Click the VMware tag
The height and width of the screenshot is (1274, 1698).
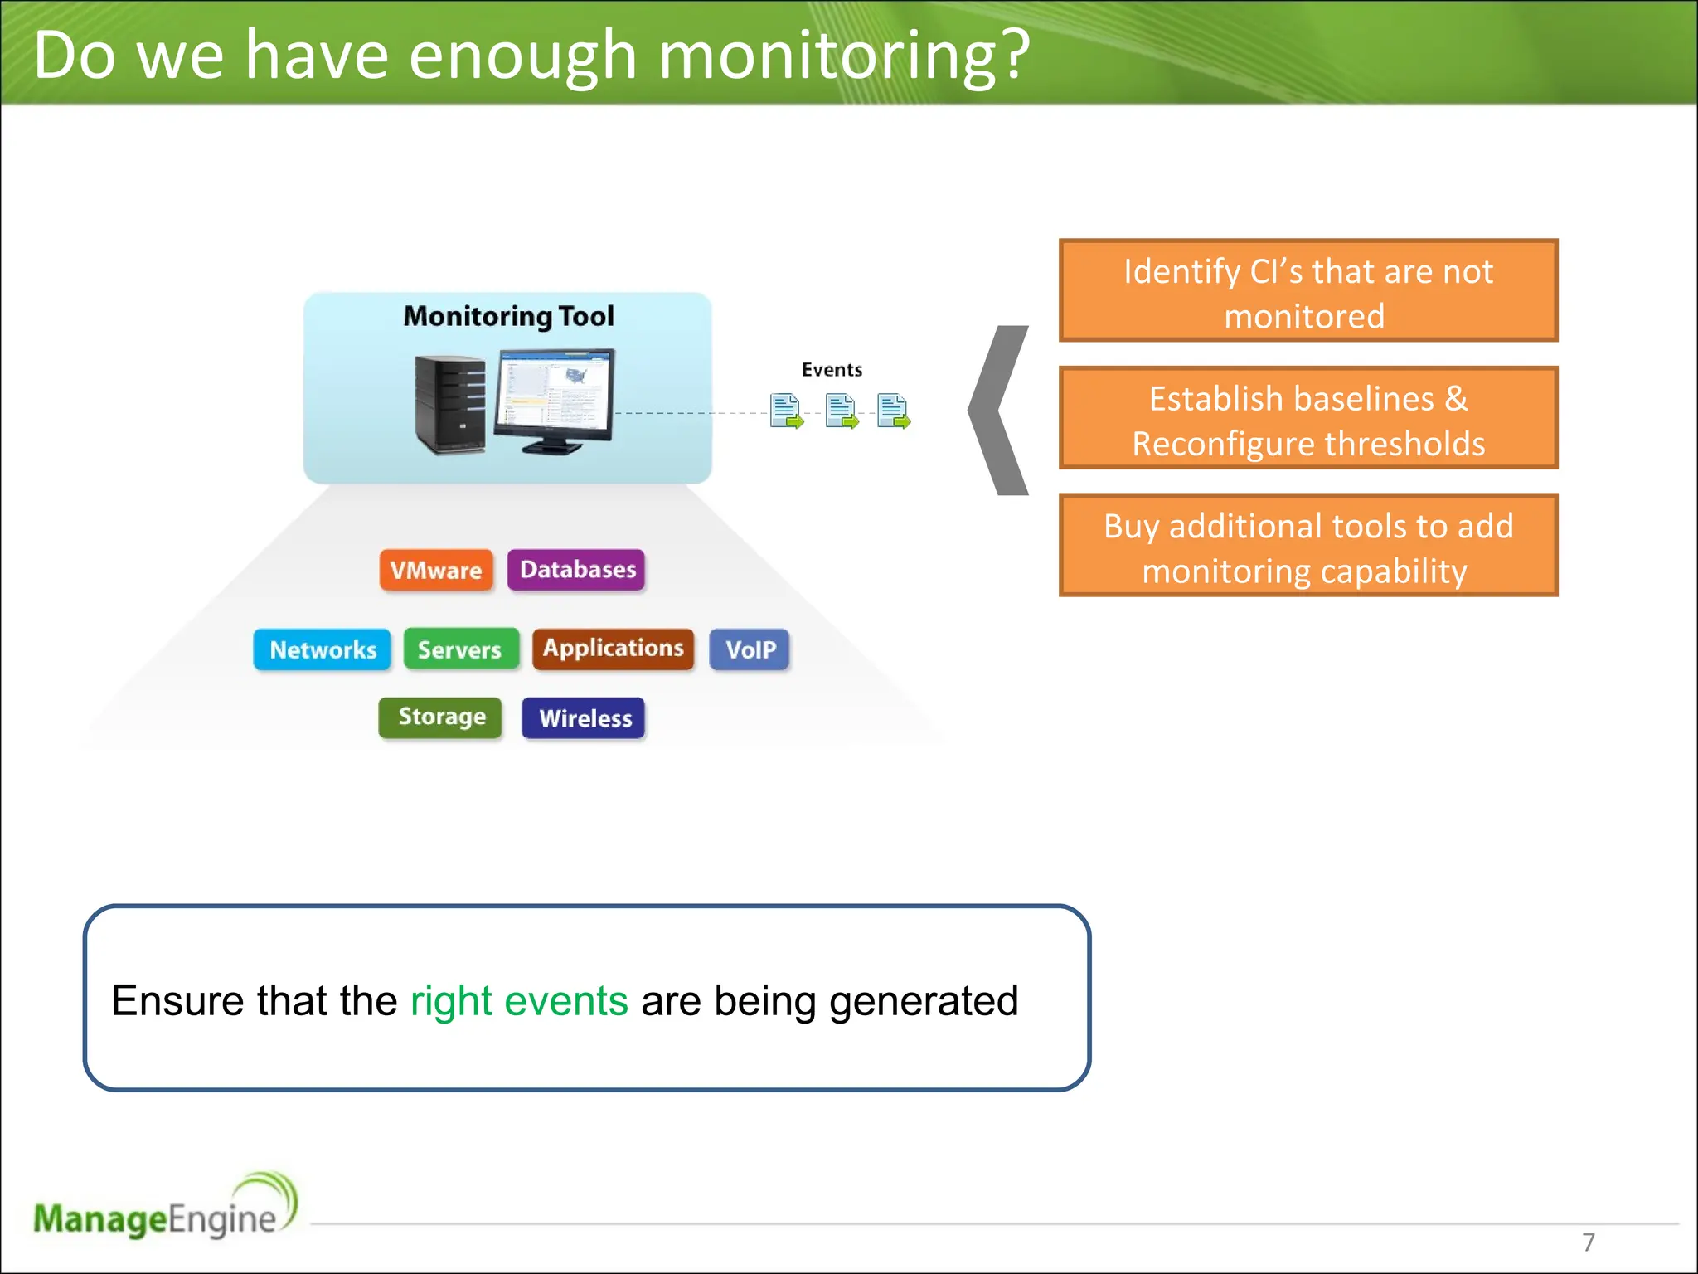point(436,570)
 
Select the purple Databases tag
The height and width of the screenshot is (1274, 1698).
point(576,570)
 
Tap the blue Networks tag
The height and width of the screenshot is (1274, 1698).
point(323,649)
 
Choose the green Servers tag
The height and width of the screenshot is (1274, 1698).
point(460,649)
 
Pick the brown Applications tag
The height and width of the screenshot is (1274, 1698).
point(613,649)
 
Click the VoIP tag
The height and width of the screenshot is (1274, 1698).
point(750,649)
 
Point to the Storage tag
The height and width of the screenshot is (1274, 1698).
point(441,717)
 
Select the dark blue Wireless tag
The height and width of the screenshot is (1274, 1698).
point(585,718)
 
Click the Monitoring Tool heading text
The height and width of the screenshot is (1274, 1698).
point(508,316)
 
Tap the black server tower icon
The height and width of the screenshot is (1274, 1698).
point(450,404)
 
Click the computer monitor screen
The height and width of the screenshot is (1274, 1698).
point(554,393)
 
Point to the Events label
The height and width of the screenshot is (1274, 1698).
point(832,370)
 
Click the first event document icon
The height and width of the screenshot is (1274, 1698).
point(785,411)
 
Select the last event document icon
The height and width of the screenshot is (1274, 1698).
point(893,411)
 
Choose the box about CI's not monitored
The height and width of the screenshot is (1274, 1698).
point(1307,291)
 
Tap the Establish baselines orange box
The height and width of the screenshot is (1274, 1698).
point(1307,419)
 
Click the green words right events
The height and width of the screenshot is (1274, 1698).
point(519,1001)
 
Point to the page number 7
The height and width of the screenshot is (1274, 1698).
point(1588,1242)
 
